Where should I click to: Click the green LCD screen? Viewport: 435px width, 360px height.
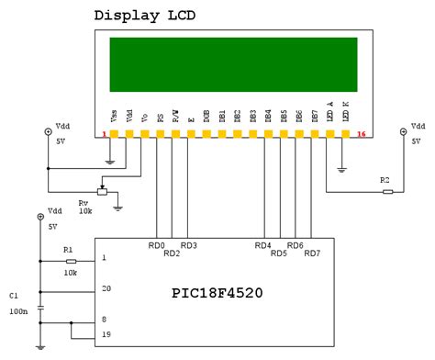tap(236, 64)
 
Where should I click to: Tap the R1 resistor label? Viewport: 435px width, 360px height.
tap(67, 249)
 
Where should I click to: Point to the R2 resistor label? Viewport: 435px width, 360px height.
tap(385, 180)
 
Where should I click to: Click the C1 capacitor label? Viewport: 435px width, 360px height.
tap(13, 297)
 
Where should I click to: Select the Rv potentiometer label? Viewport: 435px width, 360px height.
tap(84, 200)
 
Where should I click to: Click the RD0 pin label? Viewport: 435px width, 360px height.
tap(157, 245)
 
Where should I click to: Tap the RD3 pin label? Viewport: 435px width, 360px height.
tap(188, 245)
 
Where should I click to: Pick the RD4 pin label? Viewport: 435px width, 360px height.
tap(263, 245)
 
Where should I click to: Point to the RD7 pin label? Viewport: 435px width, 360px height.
tap(312, 253)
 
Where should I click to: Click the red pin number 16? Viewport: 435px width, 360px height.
tap(362, 135)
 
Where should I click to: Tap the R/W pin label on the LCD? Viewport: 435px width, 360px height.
tap(175, 116)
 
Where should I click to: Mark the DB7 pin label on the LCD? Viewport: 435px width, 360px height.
tap(315, 116)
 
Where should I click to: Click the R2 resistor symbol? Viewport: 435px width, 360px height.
tap(388, 192)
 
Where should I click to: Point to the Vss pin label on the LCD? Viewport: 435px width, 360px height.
tap(113, 116)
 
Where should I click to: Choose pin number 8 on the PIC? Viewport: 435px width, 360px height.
tap(104, 321)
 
